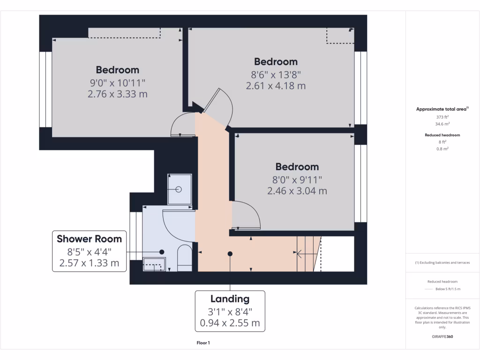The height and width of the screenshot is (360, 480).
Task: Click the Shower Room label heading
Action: click(x=89, y=239)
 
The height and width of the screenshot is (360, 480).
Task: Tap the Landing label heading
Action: click(x=230, y=299)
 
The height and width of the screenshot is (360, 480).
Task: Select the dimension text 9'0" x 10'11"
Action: click(x=118, y=82)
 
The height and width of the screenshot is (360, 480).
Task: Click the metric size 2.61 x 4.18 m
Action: click(x=276, y=86)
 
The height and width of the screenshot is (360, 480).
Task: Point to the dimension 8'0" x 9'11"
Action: click(x=297, y=179)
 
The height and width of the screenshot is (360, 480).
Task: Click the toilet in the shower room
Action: click(x=185, y=258)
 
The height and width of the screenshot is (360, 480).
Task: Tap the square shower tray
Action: click(x=180, y=189)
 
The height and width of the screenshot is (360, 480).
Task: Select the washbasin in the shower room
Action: click(x=154, y=264)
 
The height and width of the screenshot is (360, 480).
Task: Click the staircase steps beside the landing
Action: click(x=308, y=254)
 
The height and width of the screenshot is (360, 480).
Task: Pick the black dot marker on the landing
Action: click(x=230, y=254)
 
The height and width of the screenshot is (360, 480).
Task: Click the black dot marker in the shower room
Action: click(x=162, y=252)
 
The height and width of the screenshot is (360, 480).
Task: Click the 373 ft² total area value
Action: click(x=442, y=117)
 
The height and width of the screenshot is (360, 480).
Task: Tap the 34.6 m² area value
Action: click(x=442, y=124)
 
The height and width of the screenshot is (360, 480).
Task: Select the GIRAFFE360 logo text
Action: click(x=442, y=337)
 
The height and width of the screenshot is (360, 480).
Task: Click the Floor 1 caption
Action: click(x=203, y=343)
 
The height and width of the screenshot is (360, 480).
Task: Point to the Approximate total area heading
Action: click(x=442, y=109)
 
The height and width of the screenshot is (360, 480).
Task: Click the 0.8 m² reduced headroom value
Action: click(x=442, y=149)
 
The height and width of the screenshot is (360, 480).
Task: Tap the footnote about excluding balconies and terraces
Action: click(x=442, y=262)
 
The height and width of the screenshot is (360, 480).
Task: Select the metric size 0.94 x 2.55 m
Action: click(x=230, y=323)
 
